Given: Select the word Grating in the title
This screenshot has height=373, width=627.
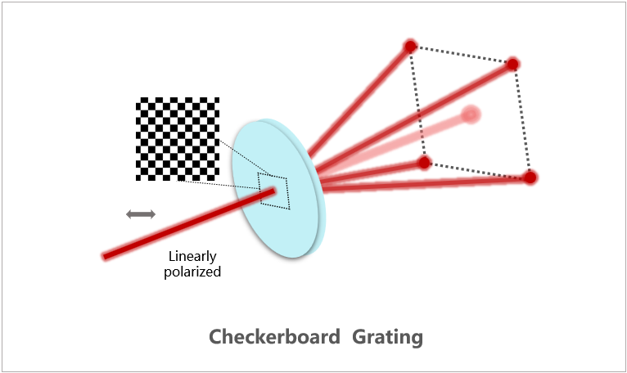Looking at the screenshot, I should (x=389, y=337).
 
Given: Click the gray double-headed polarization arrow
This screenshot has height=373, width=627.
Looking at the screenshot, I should (x=140, y=214).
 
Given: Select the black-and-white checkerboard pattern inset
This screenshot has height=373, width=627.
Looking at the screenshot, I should (x=178, y=138).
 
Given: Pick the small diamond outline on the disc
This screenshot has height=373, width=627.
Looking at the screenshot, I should (x=273, y=189).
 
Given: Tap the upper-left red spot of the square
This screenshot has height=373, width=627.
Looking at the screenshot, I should (x=410, y=46).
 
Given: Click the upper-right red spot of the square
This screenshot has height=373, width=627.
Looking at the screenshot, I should (x=512, y=64).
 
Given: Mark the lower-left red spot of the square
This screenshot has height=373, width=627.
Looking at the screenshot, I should (x=424, y=163).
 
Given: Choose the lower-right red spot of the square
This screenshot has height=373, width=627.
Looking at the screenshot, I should (x=530, y=177).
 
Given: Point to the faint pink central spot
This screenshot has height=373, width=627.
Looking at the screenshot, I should (x=470, y=115).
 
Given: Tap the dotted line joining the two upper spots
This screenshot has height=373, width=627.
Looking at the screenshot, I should (x=461, y=55).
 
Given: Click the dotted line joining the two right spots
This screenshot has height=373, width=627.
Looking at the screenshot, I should (x=521, y=120).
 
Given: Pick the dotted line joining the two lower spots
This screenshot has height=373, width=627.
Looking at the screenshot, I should (x=476, y=169).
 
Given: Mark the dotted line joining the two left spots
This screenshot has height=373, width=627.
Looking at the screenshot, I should (x=417, y=105).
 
